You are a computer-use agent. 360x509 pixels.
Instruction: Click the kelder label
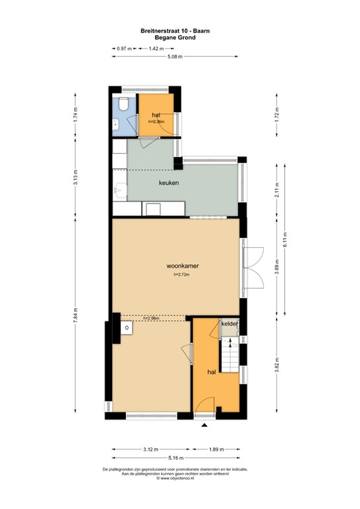click(x=229, y=323)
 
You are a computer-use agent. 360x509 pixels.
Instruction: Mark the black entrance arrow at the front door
click(x=204, y=425)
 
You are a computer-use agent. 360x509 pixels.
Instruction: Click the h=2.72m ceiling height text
click(x=182, y=275)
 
